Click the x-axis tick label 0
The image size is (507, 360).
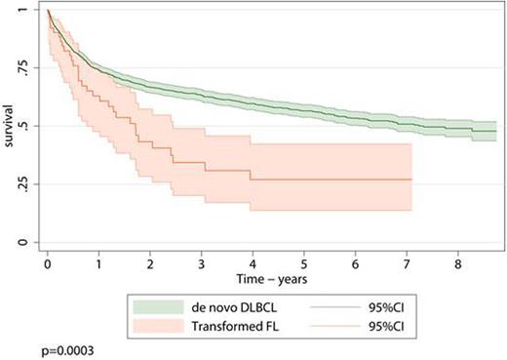tap(48, 263)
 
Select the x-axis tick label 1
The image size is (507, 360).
tap(99, 263)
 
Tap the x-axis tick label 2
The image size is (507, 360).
tap(150, 263)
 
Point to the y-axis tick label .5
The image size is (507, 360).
tap(30, 126)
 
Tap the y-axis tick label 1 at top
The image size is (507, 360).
tap(32, 10)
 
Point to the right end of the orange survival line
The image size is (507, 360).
tap(411, 180)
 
